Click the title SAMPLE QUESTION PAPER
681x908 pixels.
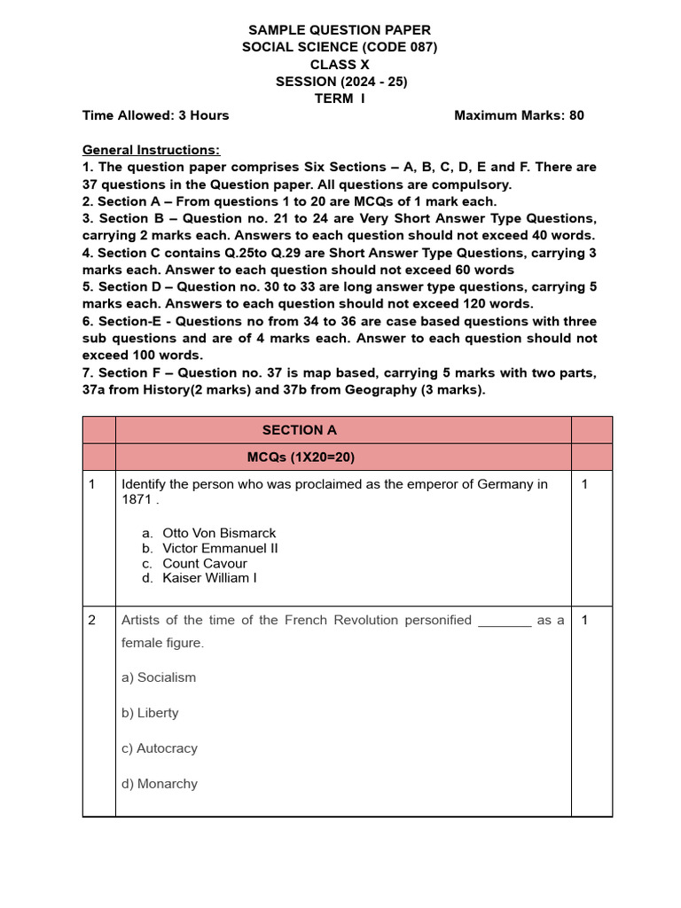click(340, 31)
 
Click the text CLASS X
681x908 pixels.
click(340, 65)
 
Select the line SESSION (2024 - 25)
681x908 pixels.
click(341, 82)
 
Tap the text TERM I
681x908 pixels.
click(340, 98)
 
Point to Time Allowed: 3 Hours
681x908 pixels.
click(155, 115)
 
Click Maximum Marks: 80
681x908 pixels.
click(519, 115)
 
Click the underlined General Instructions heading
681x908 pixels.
click(151, 150)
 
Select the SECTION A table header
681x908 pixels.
click(300, 430)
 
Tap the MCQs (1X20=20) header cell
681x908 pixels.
click(301, 457)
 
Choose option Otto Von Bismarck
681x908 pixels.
click(219, 533)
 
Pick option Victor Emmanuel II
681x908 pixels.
click(220, 548)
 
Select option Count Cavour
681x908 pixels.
click(205, 563)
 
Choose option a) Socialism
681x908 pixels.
click(159, 677)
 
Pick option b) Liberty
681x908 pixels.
click(150, 713)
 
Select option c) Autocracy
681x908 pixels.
click(160, 748)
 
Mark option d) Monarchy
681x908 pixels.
click(160, 784)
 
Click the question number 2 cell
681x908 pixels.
click(92, 621)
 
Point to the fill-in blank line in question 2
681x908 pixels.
click(505, 622)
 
